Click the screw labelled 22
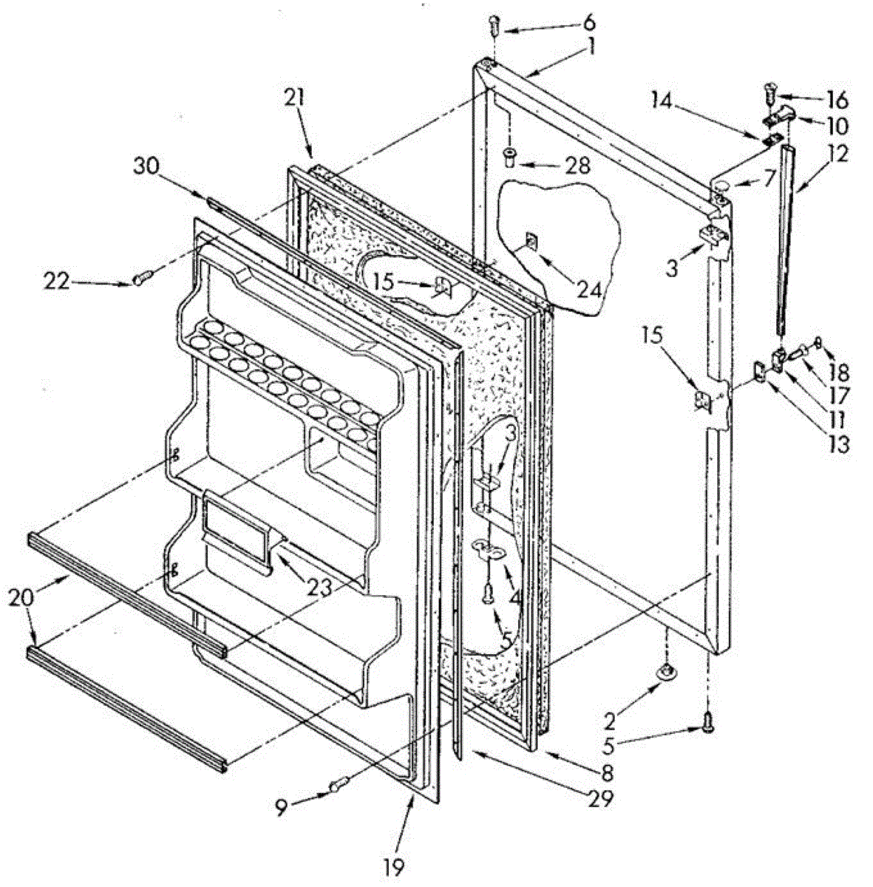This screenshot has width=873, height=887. (143, 277)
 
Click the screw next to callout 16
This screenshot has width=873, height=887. (770, 93)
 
